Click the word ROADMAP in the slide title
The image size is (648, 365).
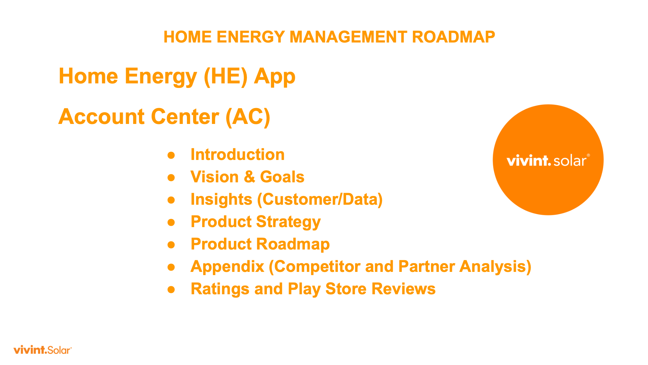[x=453, y=37]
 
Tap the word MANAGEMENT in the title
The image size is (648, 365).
[x=348, y=37]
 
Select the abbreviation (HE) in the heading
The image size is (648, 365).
[x=226, y=77]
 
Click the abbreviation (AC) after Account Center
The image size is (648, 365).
[x=248, y=117]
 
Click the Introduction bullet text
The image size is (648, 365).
[x=237, y=154]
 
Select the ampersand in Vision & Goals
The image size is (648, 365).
[x=249, y=177]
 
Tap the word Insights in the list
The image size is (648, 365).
[x=221, y=200]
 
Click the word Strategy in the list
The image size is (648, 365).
[x=288, y=222]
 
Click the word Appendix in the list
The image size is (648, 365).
[x=227, y=267]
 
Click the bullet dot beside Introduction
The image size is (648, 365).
[x=171, y=155]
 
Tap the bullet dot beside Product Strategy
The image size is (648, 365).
[x=171, y=222]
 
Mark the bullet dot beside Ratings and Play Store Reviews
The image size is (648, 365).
[x=171, y=289]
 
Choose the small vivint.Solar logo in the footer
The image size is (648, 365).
[x=42, y=350]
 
